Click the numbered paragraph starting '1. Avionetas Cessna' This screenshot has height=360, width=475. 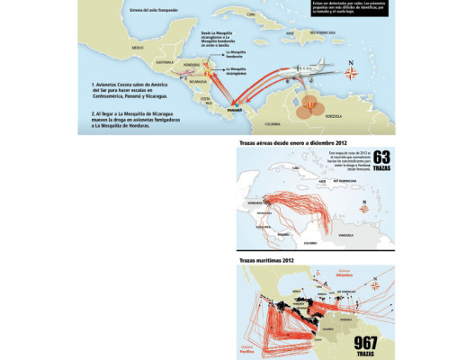(x=131, y=93)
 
